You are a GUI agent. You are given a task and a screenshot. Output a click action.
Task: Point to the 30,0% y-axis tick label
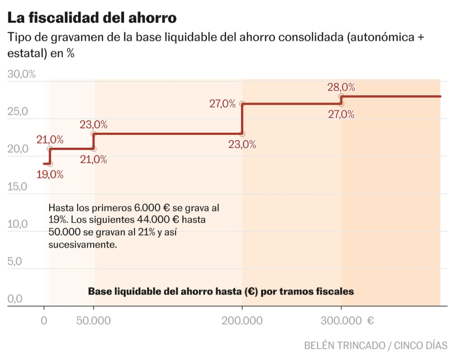coord(22,74)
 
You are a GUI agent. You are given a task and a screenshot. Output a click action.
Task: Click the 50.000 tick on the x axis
coord(93,320)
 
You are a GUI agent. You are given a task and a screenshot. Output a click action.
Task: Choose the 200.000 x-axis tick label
coord(242,320)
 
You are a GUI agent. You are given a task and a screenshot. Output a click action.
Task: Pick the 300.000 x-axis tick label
coord(341,320)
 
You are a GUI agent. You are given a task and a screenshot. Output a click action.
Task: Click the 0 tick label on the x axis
coord(44,320)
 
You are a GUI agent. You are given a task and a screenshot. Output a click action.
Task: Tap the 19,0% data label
coord(50,174)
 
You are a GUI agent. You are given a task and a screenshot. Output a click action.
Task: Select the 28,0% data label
coord(341,87)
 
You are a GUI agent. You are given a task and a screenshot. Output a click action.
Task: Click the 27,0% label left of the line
coord(222,104)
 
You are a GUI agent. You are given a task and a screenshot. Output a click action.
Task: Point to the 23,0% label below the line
coord(242,144)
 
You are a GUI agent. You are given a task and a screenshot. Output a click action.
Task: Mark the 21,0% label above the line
coord(50,139)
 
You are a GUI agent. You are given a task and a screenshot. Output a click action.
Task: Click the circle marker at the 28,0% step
coord(341,96)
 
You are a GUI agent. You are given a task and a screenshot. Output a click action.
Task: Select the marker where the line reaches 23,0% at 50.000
coord(93,134)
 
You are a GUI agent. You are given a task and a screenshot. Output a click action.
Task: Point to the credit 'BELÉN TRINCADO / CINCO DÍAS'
coord(376,345)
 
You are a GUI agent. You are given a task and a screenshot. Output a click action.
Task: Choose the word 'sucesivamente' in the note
coord(82,244)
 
